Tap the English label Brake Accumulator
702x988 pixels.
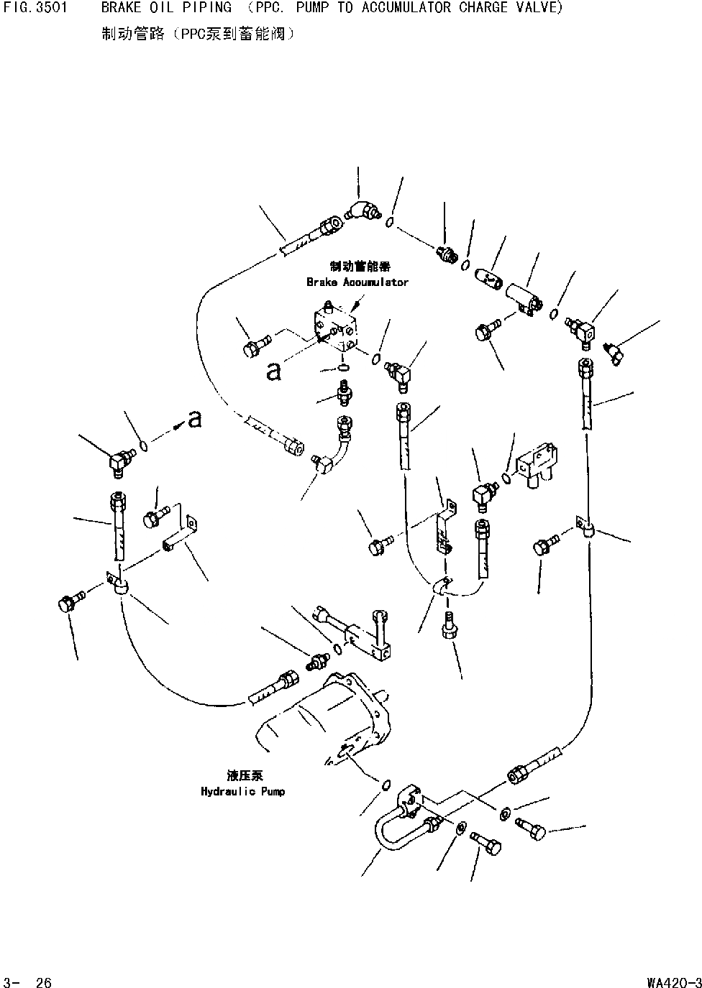357,282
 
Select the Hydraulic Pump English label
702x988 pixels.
242,791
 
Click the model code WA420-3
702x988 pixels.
673,982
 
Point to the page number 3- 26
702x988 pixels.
27,982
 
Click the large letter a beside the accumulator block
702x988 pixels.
273,371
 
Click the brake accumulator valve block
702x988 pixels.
334,328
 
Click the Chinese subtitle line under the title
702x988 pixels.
198,34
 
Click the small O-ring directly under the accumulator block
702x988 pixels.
344,369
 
